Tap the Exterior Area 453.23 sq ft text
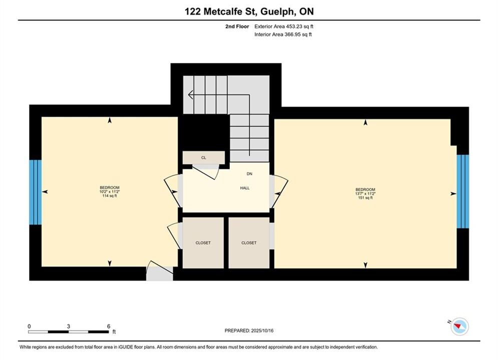pyautogui.click(x=284, y=26)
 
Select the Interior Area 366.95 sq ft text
pyautogui.click(x=283, y=34)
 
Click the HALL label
pyautogui.click(x=245, y=188)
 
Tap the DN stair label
pyautogui.click(x=249, y=174)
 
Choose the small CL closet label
pyautogui.click(x=204, y=157)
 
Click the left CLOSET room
pyautogui.click(x=203, y=242)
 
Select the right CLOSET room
pyautogui.click(x=249, y=242)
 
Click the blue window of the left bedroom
pyautogui.click(x=35, y=192)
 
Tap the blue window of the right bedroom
pyautogui.click(x=463, y=191)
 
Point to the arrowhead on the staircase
pyautogui.click(x=191, y=94)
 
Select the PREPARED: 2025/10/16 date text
pyautogui.click(x=249, y=330)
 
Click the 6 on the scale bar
pyautogui.click(x=109, y=326)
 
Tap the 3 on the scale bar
pyautogui.click(x=68, y=326)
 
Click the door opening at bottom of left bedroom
pyautogui.click(x=160, y=273)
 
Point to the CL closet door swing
pyautogui.click(x=206, y=171)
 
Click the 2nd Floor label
pyautogui.click(x=237, y=26)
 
